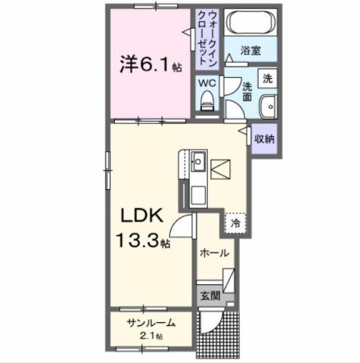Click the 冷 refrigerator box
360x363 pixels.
pos(235,223)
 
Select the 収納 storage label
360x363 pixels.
pos(263,138)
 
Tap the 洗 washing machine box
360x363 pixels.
pos(267,78)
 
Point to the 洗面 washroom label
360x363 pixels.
pos(247,93)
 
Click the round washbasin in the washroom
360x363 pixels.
pos(267,106)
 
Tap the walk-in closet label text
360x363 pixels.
pos(208,40)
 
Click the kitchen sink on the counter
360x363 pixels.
pos(198,160)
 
